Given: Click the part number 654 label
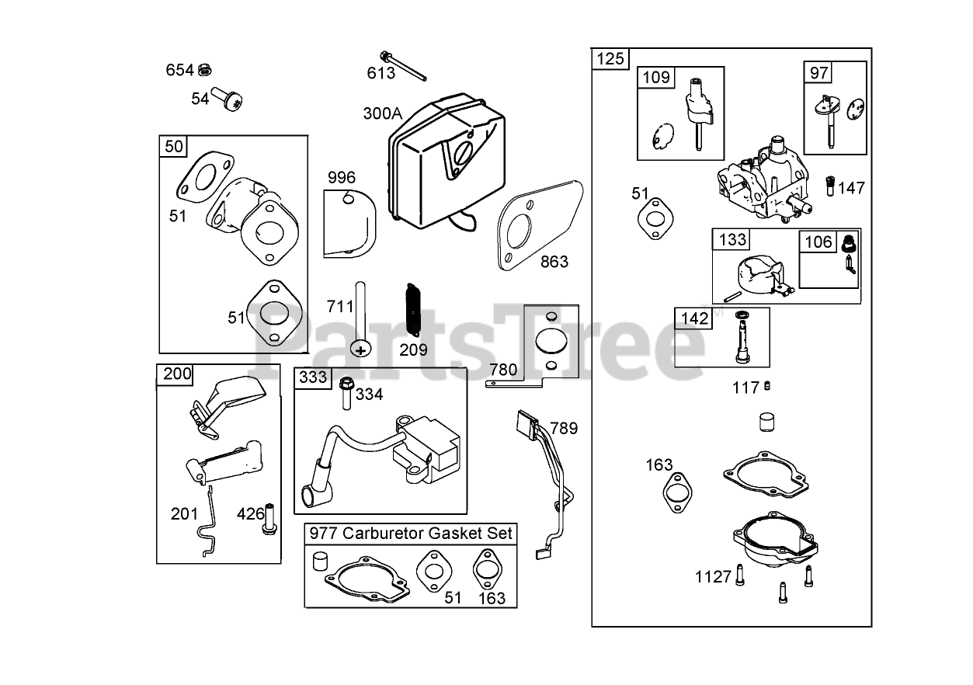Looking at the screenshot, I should pyautogui.click(x=179, y=70).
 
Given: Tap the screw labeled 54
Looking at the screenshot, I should pyautogui.click(x=230, y=99).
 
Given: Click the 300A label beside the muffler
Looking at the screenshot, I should pyautogui.click(x=383, y=113).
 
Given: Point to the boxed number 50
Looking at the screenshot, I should pyautogui.click(x=175, y=146).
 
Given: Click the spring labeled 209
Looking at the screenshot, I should pyautogui.click(x=412, y=309).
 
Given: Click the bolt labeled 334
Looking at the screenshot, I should pyautogui.click(x=346, y=393).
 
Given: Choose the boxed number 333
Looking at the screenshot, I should pyautogui.click(x=313, y=377).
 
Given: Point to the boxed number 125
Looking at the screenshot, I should pyautogui.click(x=610, y=59).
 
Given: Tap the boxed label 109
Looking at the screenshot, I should pyautogui.click(x=656, y=77).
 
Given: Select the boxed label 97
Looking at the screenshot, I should pyautogui.click(x=819, y=73).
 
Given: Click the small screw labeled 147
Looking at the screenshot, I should pyautogui.click(x=829, y=187).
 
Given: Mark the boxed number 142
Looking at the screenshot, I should pyautogui.click(x=694, y=318).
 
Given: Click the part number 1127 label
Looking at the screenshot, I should pyautogui.click(x=713, y=576).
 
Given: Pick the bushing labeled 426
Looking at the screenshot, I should pyautogui.click(x=271, y=517).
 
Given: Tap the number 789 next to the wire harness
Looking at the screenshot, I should pyautogui.click(x=564, y=428).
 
